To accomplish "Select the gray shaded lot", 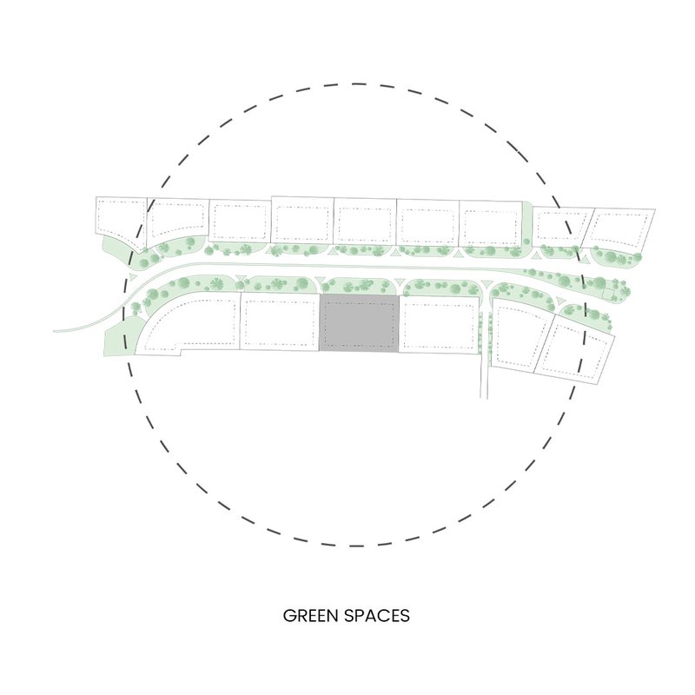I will click(x=361, y=323).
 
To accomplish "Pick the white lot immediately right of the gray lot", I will click(x=440, y=325).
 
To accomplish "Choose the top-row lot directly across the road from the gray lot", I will click(x=366, y=222).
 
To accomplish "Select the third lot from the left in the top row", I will click(x=241, y=222).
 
